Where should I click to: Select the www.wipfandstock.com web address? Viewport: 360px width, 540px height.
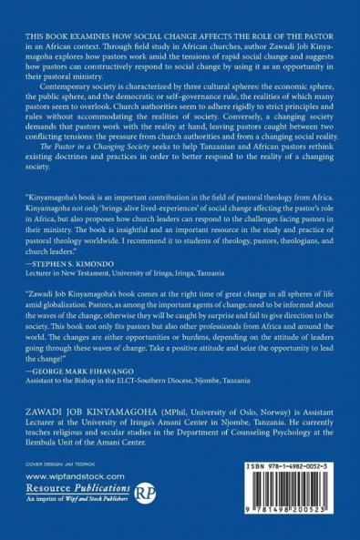click(65, 499)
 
